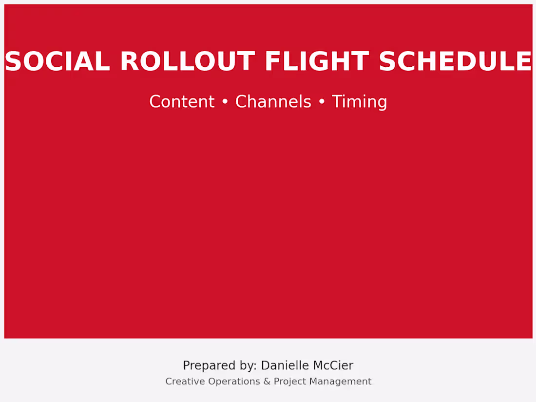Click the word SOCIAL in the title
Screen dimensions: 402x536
coord(57,62)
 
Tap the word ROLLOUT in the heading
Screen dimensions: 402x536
coord(187,62)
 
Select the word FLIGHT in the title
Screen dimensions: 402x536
coord(316,62)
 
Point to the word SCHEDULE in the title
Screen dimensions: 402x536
coord(455,62)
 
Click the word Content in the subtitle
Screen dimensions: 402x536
coord(182,102)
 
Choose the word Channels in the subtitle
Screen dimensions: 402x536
coord(273,102)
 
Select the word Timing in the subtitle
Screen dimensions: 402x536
coord(359,102)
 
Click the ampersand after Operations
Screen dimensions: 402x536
coord(267,382)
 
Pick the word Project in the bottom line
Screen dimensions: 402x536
coord(289,382)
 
